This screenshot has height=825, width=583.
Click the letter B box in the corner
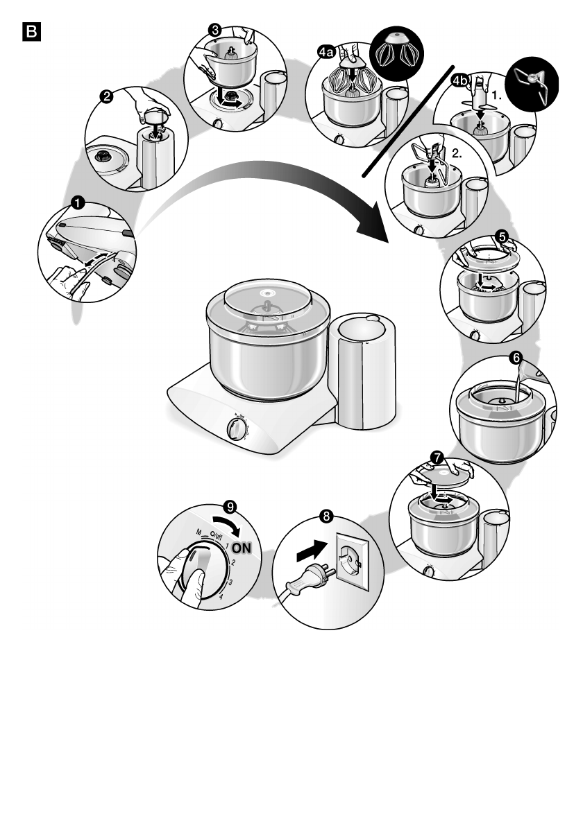click(x=32, y=32)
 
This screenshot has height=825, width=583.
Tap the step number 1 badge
click(x=78, y=202)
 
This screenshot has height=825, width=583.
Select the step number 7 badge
click(x=436, y=458)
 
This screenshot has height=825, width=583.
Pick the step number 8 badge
click(x=326, y=516)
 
